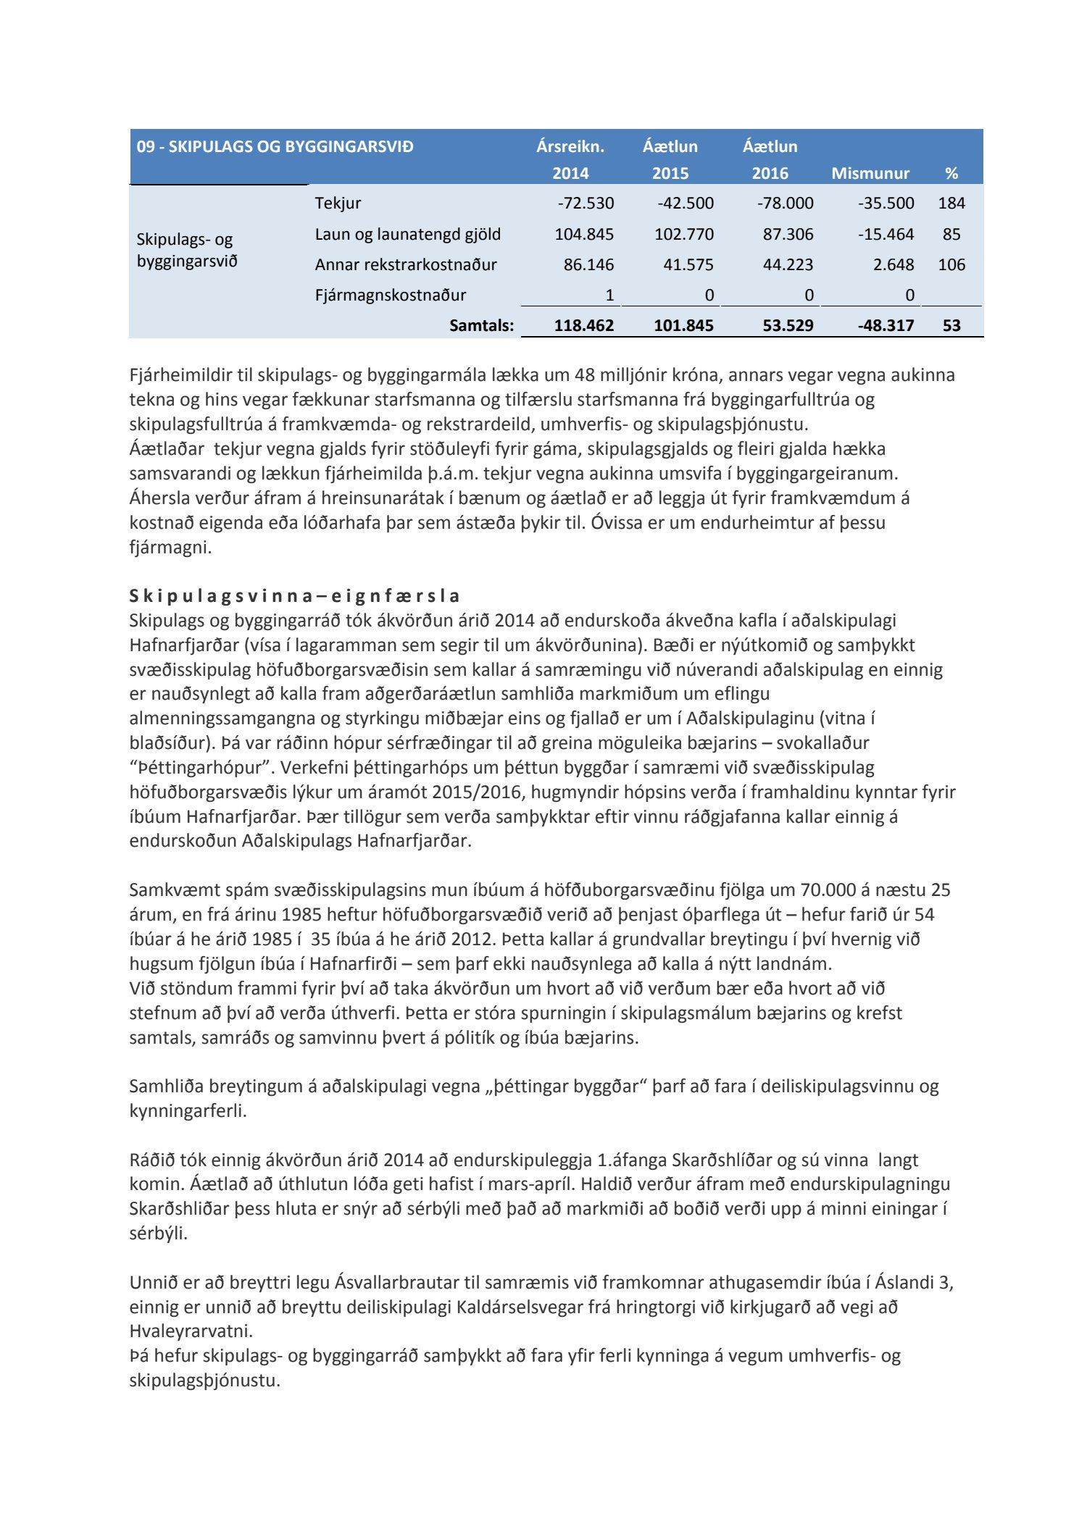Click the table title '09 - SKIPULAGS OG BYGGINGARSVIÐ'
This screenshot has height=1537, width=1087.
275,146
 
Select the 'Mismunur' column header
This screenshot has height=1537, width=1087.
870,174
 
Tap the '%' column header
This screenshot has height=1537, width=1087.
951,174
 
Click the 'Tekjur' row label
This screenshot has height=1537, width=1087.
338,204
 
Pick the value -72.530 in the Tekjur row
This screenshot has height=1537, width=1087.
586,204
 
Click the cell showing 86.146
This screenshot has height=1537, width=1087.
588,265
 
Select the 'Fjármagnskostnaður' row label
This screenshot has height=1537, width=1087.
390,296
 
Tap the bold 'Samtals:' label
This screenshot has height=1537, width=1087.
481,326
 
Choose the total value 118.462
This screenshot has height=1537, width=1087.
583,326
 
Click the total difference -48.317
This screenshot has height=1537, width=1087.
886,326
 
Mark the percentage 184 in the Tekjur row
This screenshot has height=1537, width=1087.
951,204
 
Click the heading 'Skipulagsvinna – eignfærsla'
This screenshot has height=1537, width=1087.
294,596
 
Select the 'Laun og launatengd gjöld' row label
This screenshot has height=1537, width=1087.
407,234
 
